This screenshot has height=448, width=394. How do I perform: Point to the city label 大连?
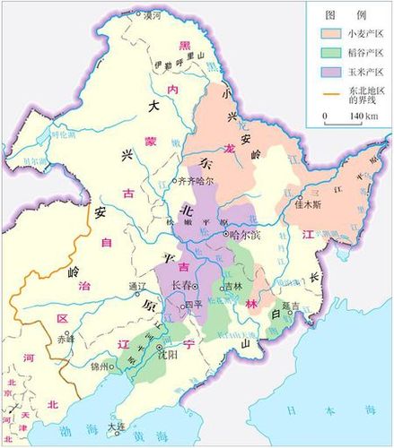tap(114, 426)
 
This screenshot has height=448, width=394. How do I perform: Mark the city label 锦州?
tap(100, 367)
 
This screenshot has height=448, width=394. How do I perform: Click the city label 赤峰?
tap(66, 340)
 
